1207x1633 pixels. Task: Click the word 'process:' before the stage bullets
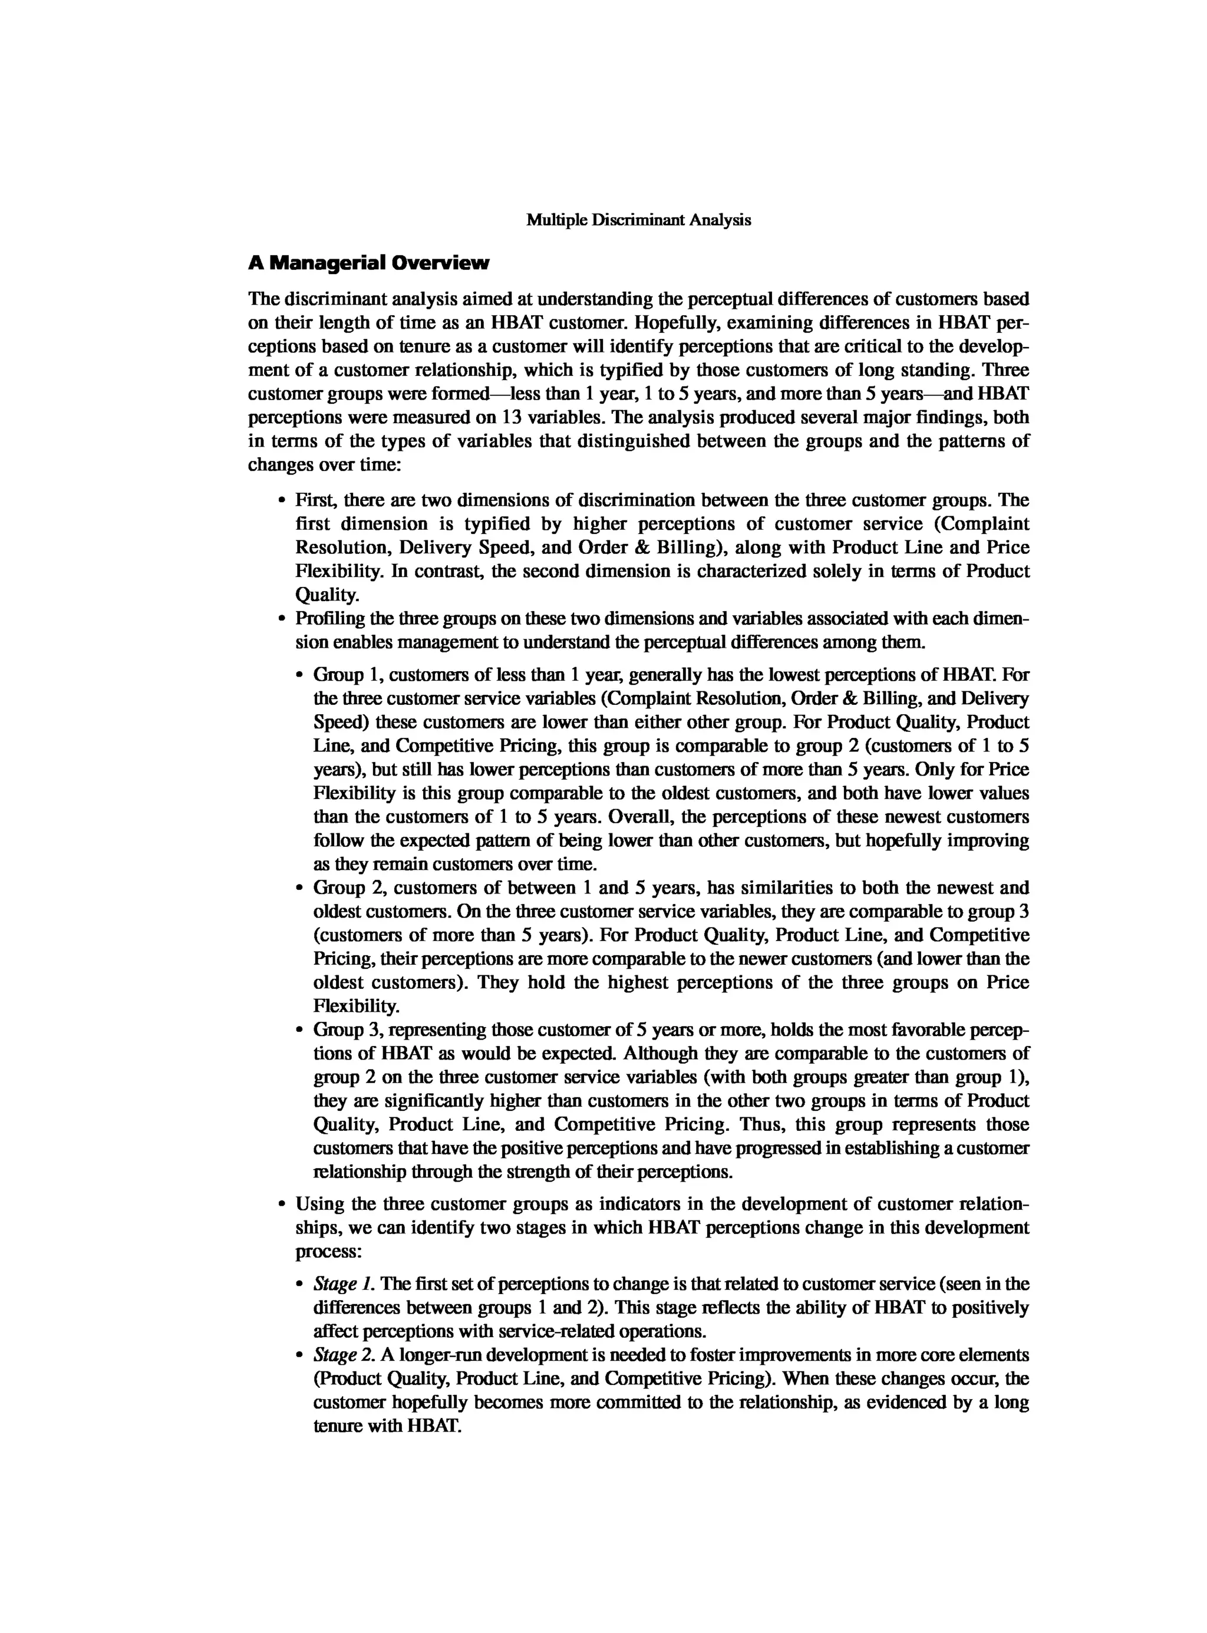(x=328, y=1252)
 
